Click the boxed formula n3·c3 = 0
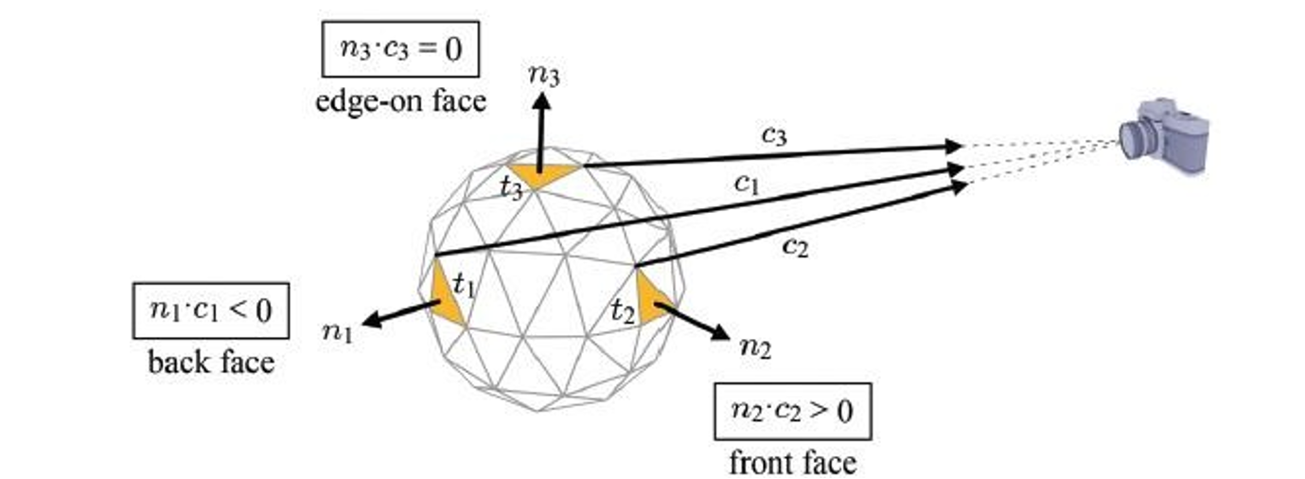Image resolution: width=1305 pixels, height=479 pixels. (x=400, y=48)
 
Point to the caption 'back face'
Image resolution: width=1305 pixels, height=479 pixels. (x=211, y=361)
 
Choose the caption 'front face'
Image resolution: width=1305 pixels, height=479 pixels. (x=792, y=462)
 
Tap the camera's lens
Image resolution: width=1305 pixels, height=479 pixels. (x=1131, y=141)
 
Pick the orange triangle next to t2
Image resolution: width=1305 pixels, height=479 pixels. (x=652, y=297)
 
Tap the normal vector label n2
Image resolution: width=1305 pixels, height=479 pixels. (x=753, y=348)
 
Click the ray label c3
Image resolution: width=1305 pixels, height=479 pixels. (x=774, y=136)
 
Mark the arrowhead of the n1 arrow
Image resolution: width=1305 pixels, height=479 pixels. (x=368, y=322)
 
